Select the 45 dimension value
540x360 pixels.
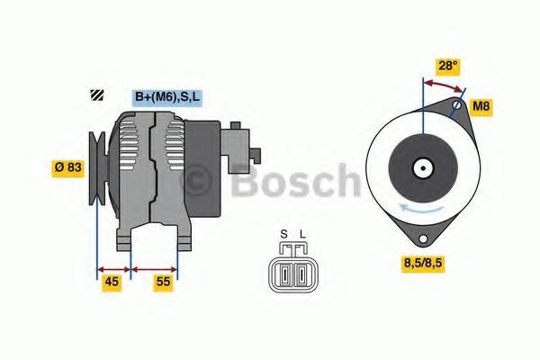click(x=112, y=282)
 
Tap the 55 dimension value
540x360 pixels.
click(x=163, y=282)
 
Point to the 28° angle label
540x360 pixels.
click(x=446, y=66)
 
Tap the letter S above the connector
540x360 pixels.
click(x=283, y=236)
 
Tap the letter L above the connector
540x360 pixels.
click(x=302, y=236)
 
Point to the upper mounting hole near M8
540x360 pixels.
click(x=456, y=105)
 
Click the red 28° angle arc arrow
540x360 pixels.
click(x=444, y=84)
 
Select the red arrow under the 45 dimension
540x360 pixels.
click(x=113, y=267)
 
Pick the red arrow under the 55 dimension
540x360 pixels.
click(x=155, y=267)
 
